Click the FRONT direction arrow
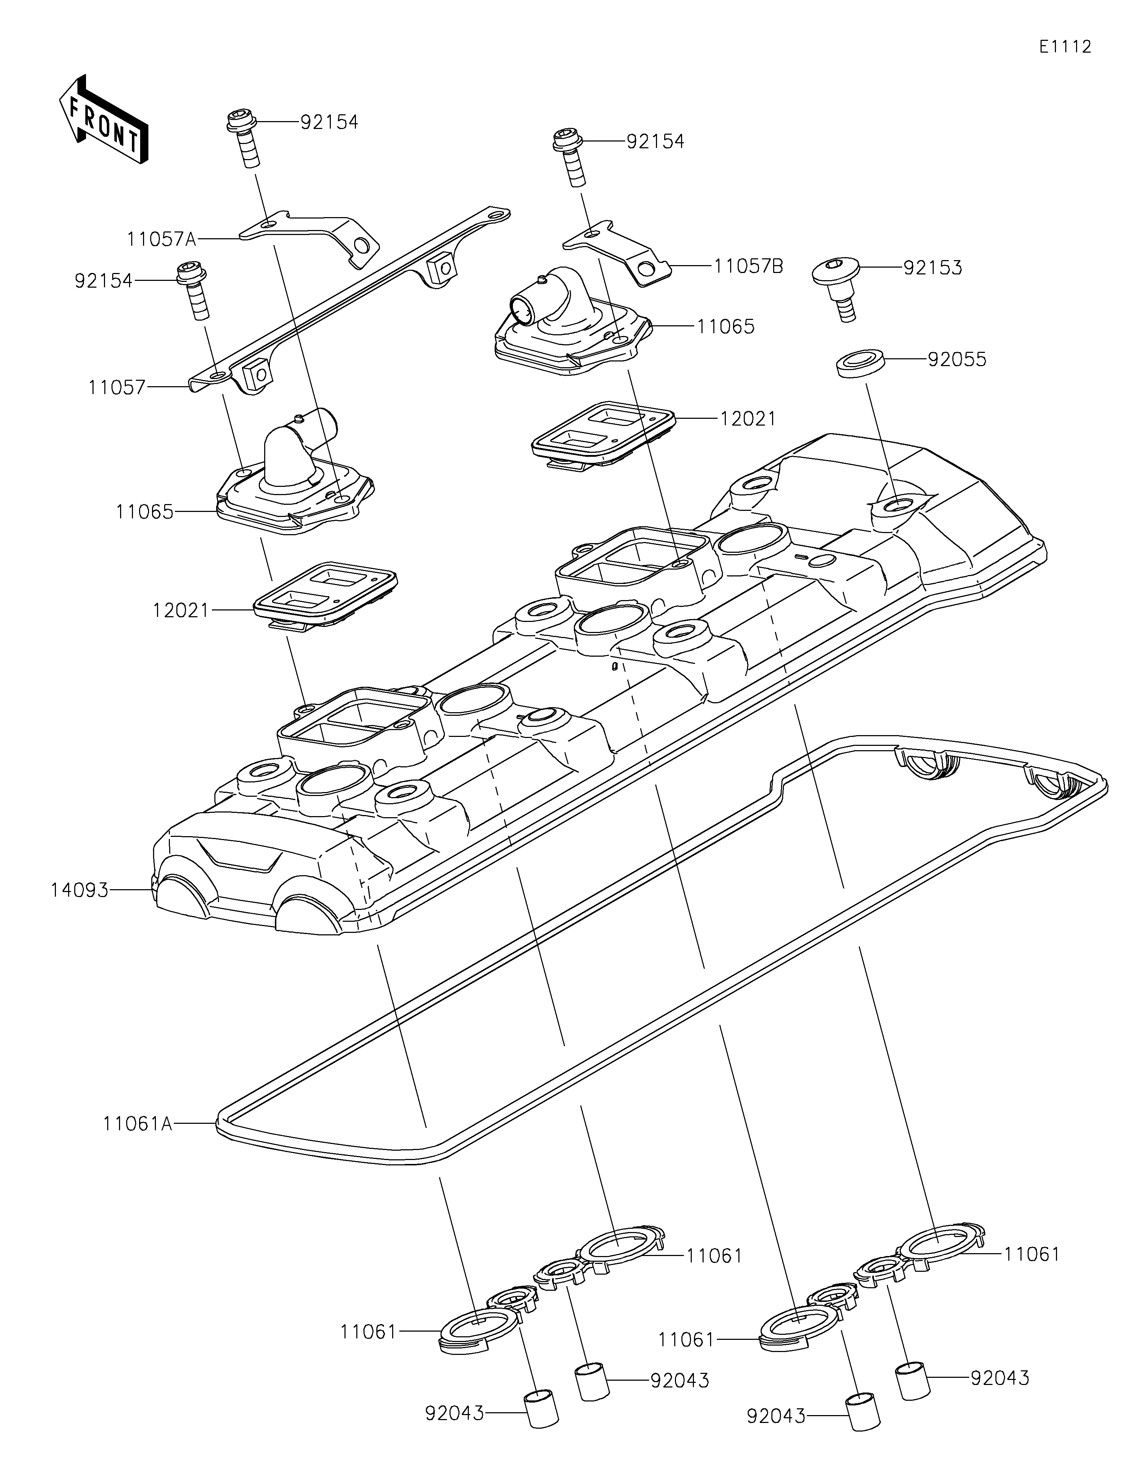pyautogui.click(x=104, y=119)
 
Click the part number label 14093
pyautogui.click(x=79, y=890)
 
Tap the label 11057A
pyautogui.click(x=161, y=239)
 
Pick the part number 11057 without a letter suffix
pyautogui.click(x=116, y=388)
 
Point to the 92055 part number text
pyautogui.click(x=957, y=359)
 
